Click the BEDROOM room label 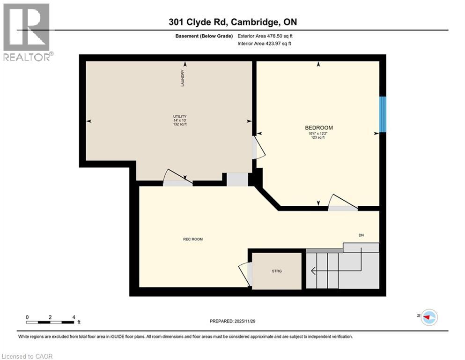point(319,127)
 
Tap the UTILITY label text point(180,116)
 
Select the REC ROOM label point(192,239)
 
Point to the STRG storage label point(277,271)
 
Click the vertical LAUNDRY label point(183,78)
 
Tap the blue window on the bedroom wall point(383,114)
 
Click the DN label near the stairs point(361,235)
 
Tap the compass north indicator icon point(428,317)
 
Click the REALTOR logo point(27,32)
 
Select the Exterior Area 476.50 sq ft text point(267,36)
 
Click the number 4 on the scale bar point(74,317)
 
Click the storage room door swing point(245,274)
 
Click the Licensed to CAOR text point(27,356)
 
